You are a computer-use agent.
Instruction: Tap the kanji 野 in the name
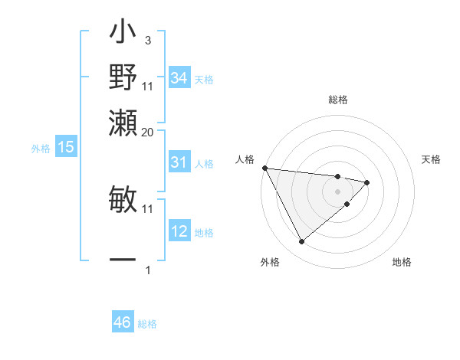[x=123, y=76]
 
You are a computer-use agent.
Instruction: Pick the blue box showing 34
[x=179, y=78]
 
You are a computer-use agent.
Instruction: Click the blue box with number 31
[x=179, y=162]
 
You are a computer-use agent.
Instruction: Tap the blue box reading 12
[x=179, y=231]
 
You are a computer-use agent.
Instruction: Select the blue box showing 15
[x=66, y=148]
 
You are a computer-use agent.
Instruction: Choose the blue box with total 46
[x=123, y=322]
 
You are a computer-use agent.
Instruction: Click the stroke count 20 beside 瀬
[x=148, y=131]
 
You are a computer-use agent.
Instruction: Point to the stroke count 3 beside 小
[x=147, y=40]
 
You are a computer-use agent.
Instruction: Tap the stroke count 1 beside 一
[x=148, y=270]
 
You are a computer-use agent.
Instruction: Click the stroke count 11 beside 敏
[x=148, y=208]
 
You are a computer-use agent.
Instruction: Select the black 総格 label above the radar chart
[x=338, y=100]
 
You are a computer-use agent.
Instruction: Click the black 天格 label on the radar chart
[x=432, y=159]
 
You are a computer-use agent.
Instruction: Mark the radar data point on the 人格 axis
[x=264, y=168]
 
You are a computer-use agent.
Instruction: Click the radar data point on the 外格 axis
[x=301, y=242]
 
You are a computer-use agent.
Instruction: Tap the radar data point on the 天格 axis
[x=368, y=182]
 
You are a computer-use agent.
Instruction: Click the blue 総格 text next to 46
[x=148, y=324]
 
